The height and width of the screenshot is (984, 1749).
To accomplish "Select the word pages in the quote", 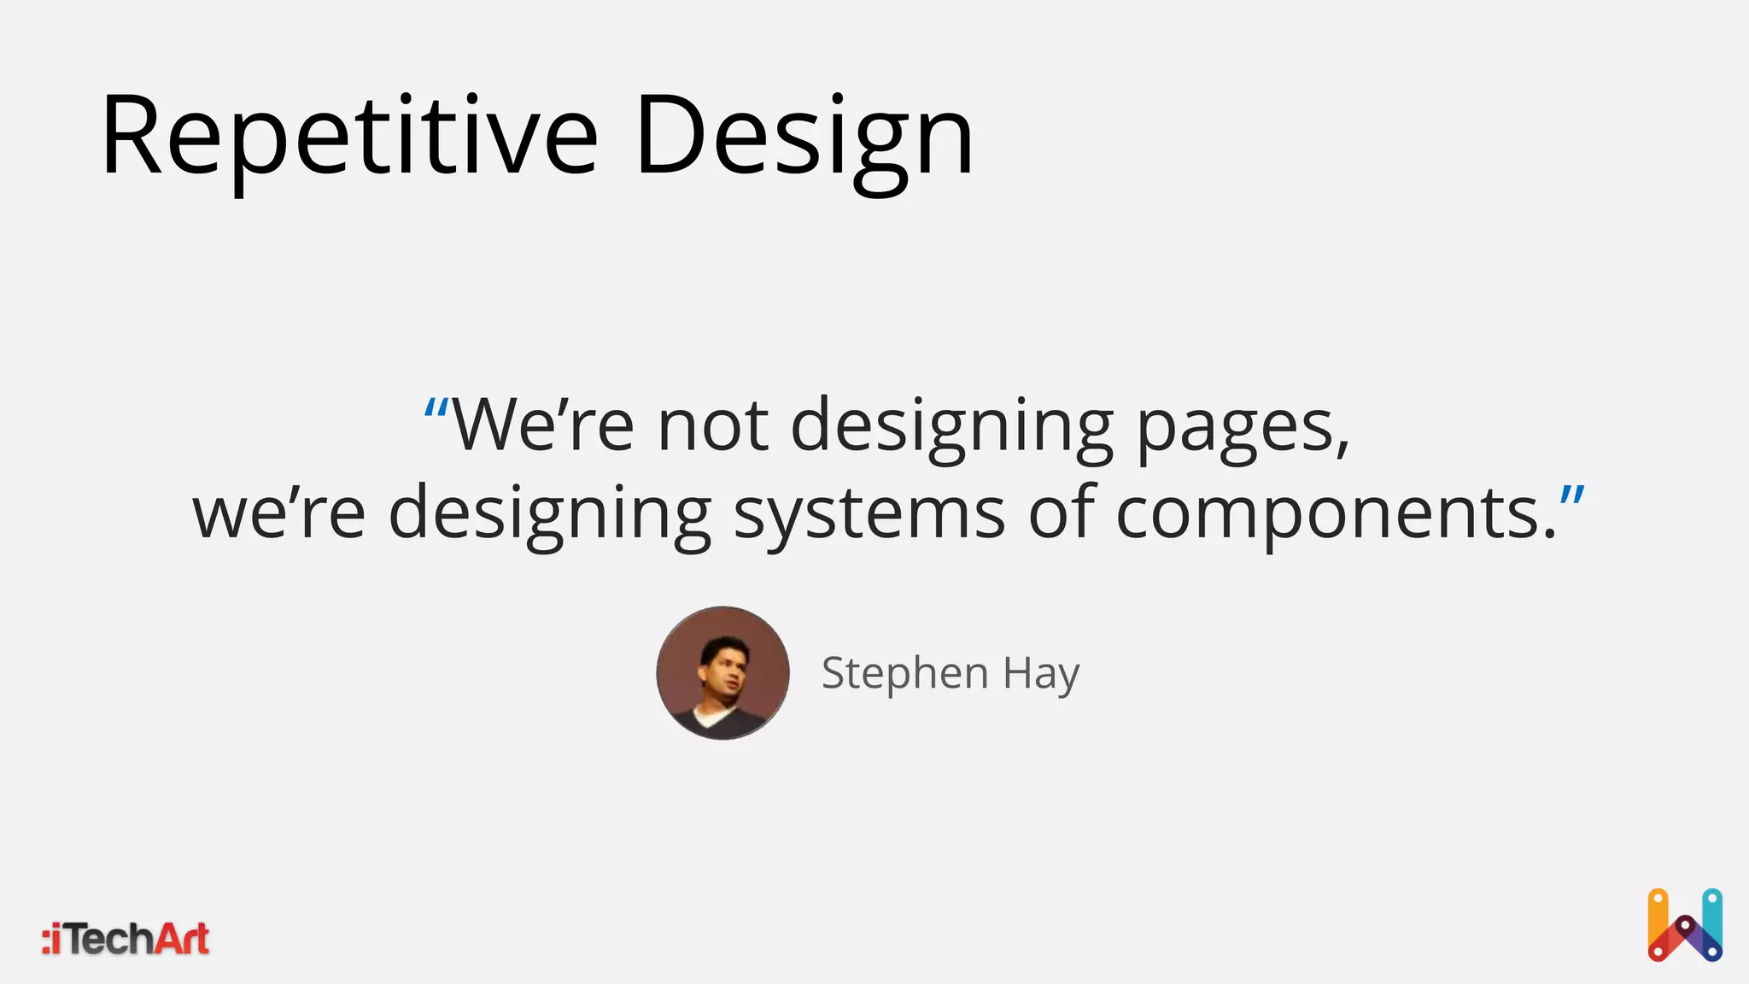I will click(1235, 427).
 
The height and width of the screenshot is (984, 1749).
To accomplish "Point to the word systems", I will click(869, 514).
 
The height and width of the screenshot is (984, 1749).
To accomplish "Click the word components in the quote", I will click(1328, 516).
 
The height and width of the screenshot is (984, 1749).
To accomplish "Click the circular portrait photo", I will click(722, 673).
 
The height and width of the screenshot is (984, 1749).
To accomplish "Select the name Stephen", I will click(904, 674).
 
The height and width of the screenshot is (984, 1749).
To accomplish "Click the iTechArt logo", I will click(126, 939).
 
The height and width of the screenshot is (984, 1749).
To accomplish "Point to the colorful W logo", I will click(1684, 925).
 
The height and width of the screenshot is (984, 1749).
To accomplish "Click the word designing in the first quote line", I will click(951, 427).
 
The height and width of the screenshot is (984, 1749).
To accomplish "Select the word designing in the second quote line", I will click(550, 514).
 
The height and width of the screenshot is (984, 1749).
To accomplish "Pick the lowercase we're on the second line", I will click(279, 514).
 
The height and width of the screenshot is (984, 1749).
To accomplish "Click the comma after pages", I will click(1342, 448).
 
